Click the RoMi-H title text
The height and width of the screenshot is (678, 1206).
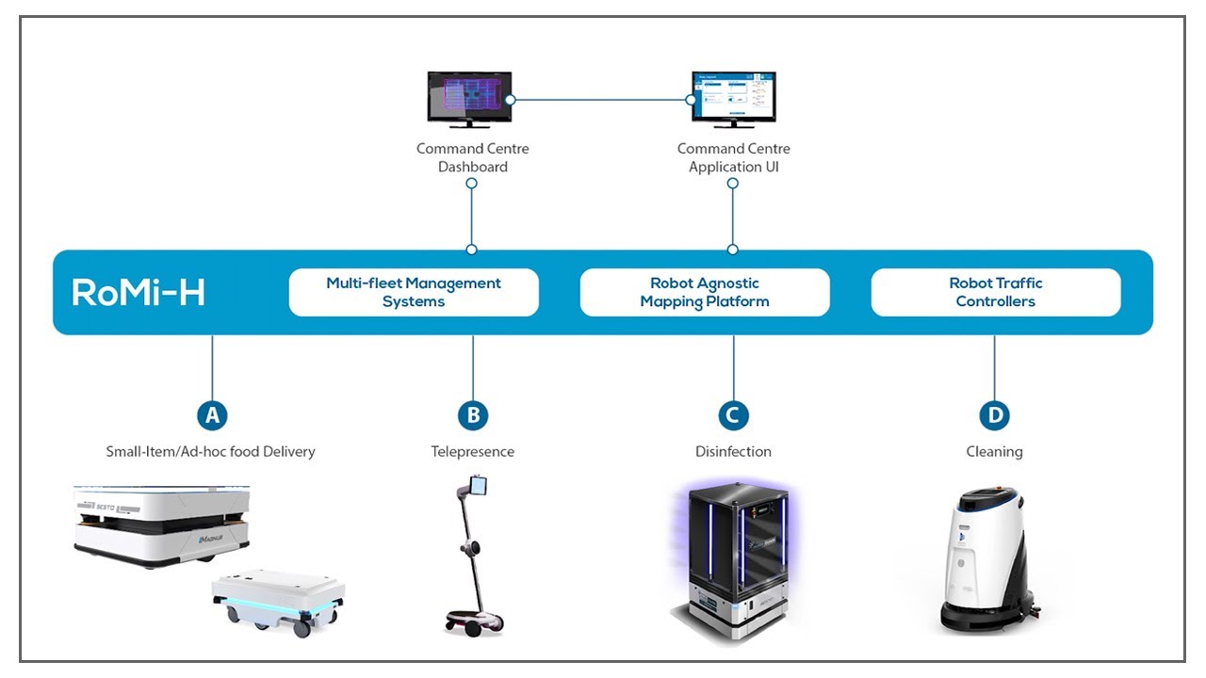tap(139, 293)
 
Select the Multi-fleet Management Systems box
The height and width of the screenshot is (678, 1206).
tap(414, 292)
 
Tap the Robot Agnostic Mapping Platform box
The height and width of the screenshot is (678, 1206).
tap(705, 292)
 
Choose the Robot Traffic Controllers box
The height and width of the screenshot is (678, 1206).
tap(995, 292)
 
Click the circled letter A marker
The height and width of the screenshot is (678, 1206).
tap(212, 414)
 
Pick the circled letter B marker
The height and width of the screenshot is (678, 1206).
tap(473, 414)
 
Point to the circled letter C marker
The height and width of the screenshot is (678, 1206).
tap(733, 414)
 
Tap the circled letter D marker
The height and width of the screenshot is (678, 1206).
tap(994, 414)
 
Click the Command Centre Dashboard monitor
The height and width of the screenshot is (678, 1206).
tap(469, 98)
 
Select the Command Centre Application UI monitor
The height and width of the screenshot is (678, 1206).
tap(733, 98)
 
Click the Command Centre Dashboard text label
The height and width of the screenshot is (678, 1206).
tap(473, 157)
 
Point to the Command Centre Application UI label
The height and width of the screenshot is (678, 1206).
tap(733, 157)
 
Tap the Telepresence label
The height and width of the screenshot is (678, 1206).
tap(473, 452)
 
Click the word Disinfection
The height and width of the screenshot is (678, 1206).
tap(733, 452)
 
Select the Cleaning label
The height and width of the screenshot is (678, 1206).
tap(994, 452)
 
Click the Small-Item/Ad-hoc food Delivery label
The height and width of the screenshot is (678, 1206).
tap(210, 452)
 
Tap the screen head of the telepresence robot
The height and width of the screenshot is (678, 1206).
tap(478, 486)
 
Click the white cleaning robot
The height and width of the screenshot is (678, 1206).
tap(984, 561)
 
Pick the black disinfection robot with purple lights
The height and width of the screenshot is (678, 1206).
tap(736, 560)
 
